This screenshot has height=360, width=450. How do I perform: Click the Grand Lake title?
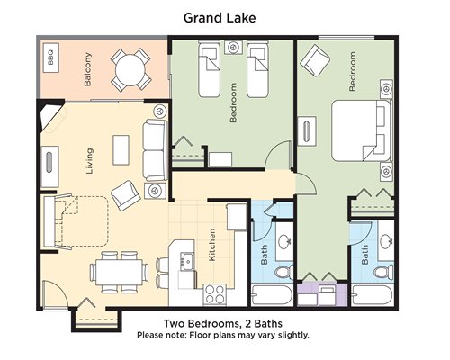220,18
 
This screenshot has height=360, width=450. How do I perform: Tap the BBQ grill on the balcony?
51,58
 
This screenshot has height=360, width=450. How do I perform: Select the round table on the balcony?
130,70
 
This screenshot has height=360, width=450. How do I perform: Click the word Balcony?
87,69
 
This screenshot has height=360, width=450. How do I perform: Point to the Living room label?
89,161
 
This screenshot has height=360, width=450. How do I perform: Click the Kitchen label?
211,245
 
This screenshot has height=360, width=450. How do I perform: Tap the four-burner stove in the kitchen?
214,294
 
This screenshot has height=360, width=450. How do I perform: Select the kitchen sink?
187,261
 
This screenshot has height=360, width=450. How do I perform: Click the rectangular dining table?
119,273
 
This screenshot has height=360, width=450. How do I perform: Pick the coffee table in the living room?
121,149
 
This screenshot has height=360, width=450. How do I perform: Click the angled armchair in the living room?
126,195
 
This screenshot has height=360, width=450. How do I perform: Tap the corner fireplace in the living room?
51,118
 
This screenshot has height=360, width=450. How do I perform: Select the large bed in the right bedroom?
362,130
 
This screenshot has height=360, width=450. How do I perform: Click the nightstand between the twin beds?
233,48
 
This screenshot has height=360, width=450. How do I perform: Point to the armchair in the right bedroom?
315,60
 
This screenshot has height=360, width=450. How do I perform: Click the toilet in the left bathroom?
284,272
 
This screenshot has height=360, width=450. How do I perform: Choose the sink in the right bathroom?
386,241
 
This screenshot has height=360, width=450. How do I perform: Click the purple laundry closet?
322,294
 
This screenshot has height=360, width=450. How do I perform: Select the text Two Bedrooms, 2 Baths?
223,324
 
